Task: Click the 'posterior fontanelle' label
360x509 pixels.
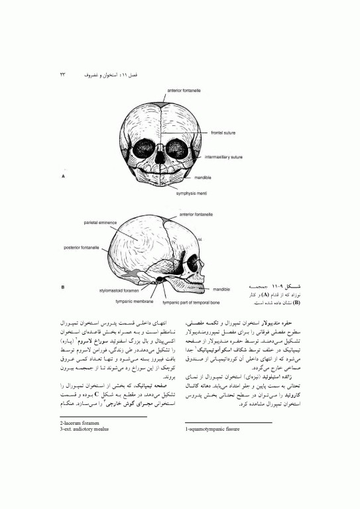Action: (82, 247)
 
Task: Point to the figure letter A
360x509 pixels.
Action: (63, 177)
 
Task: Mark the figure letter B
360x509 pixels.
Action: (63, 288)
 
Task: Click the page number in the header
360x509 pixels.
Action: (64, 76)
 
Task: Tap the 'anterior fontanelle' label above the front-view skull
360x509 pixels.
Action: (179, 90)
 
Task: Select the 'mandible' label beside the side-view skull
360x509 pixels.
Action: (221, 290)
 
